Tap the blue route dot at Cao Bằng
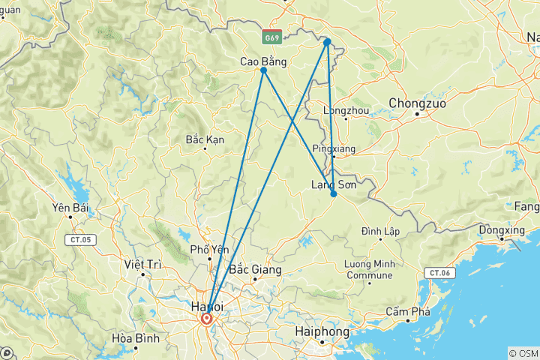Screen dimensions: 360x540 [264, 70]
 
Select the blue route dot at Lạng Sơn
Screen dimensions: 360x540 [334, 194]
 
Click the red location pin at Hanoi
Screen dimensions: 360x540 [206, 319]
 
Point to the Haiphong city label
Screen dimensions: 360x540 [322, 331]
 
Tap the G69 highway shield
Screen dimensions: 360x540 [272, 36]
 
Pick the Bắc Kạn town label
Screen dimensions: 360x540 [205, 139]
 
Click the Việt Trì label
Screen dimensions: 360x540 [144, 264]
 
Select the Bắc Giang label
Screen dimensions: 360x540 [256, 269]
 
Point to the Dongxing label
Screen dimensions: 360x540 [500, 229]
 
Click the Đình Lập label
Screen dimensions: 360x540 [380, 230]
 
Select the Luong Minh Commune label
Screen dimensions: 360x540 [368, 270]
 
